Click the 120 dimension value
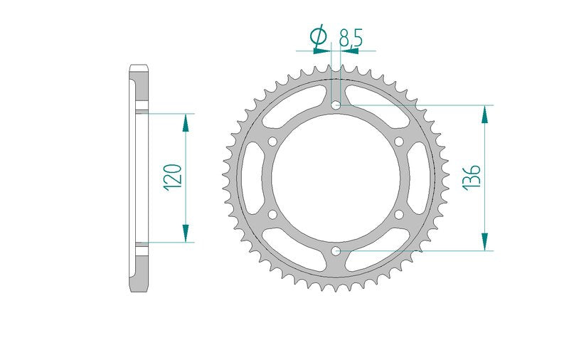[172, 177]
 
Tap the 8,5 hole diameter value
[351, 38]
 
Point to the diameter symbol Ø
[319, 37]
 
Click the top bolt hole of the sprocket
[336, 105]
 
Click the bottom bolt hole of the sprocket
[336, 250]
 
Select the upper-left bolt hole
[273, 141]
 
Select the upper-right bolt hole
[399, 141]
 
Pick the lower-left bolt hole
[273, 214]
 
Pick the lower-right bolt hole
[399, 214]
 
